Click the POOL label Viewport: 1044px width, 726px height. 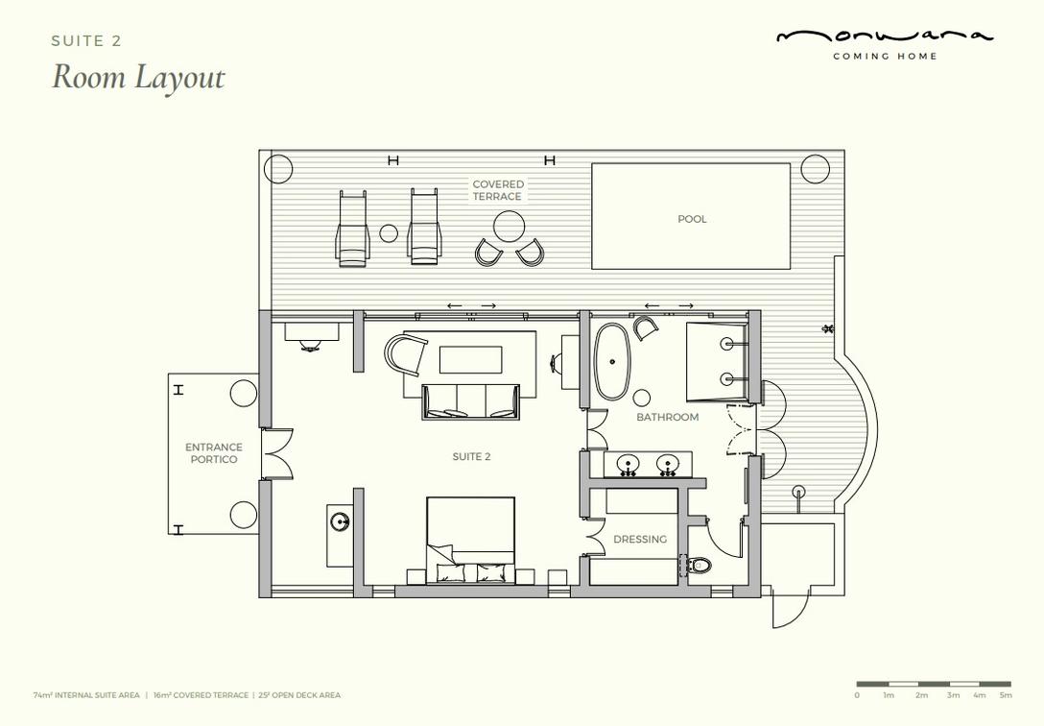(x=692, y=219)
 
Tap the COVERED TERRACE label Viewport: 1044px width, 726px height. (x=498, y=190)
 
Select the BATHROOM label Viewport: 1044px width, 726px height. (x=667, y=417)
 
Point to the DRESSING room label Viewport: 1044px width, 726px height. (x=640, y=539)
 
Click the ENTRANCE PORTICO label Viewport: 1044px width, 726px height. (x=214, y=453)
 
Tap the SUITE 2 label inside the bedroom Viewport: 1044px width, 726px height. (x=471, y=457)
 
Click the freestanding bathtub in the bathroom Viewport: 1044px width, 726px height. (x=611, y=362)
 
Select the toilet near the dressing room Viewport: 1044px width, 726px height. (x=696, y=566)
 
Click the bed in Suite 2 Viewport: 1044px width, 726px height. (x=471, y=540)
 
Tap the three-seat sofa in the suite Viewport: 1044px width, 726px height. (x=471, y=401)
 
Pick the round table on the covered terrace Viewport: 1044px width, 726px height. (x=510, y=228)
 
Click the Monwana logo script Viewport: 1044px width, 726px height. (x=885, y=36)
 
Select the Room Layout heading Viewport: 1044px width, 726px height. (x=138, y=77)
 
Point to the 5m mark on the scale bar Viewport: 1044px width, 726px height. (x=1006, y=695)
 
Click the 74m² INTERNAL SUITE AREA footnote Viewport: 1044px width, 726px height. (x=86, y=695)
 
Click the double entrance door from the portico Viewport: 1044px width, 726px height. (x=277, y=453)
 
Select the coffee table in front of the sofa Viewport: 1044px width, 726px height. (x=471, y=360)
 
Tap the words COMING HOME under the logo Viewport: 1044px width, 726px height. (x=885, y=57)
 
